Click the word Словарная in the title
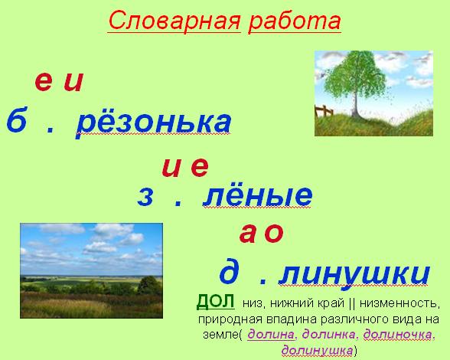coord(174,21)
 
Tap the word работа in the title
coord(295,21)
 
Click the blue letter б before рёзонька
coord(17,119)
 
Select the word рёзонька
coord(154,122)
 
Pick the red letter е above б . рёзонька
coord(44,82)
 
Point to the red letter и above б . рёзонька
coord(73,82)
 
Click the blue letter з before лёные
coord(145,197)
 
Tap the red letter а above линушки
coord(247,233)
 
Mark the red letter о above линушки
coord(274,233)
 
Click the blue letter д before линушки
coord(229,272)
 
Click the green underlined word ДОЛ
coord(216,301)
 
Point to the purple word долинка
coord(329,335)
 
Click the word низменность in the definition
coord(399,303)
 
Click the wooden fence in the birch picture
coord(324,111)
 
